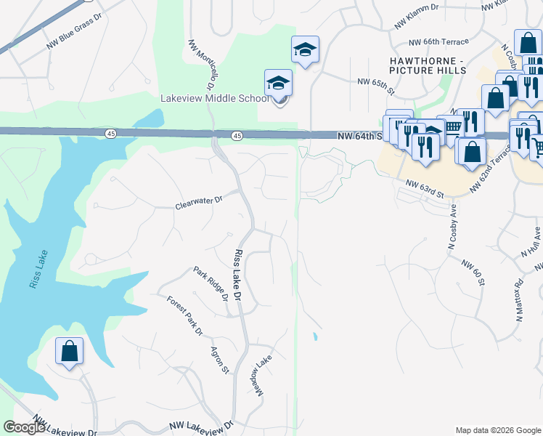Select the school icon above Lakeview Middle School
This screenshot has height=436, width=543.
tap(278, 84)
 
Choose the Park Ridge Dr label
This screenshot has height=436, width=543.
tap(211, 283)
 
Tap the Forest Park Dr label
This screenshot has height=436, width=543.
tap(184, 315)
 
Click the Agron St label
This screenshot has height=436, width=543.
tap(220, 360)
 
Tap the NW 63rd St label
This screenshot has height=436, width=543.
tap(425, 189)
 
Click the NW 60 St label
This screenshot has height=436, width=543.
tap(473, 269)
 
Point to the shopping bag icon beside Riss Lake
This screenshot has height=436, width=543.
tap(70, 351)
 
